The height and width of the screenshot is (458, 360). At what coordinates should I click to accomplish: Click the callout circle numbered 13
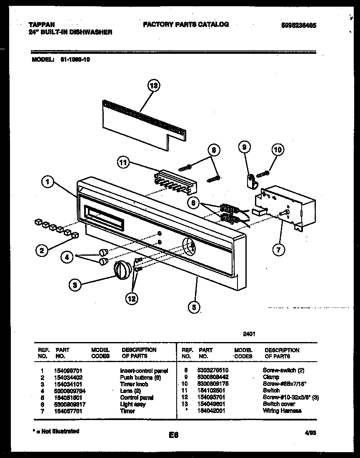click(154, 86)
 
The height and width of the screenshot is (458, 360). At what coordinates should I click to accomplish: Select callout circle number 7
click(279, 250)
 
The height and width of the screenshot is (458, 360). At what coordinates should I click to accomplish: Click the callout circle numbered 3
click(75, 285)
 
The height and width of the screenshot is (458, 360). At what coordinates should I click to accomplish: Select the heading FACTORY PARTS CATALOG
click(186, 25)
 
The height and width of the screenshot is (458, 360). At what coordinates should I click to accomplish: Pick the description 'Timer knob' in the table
click(134, 384)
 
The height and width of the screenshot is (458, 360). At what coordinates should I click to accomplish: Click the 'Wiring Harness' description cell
click(282, 411)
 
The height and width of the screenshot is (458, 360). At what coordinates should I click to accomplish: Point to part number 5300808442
click(213, 377)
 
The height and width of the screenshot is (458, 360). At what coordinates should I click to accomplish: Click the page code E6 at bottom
click(174, 435)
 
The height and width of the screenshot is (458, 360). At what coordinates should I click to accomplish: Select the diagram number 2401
click(249, 334)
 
